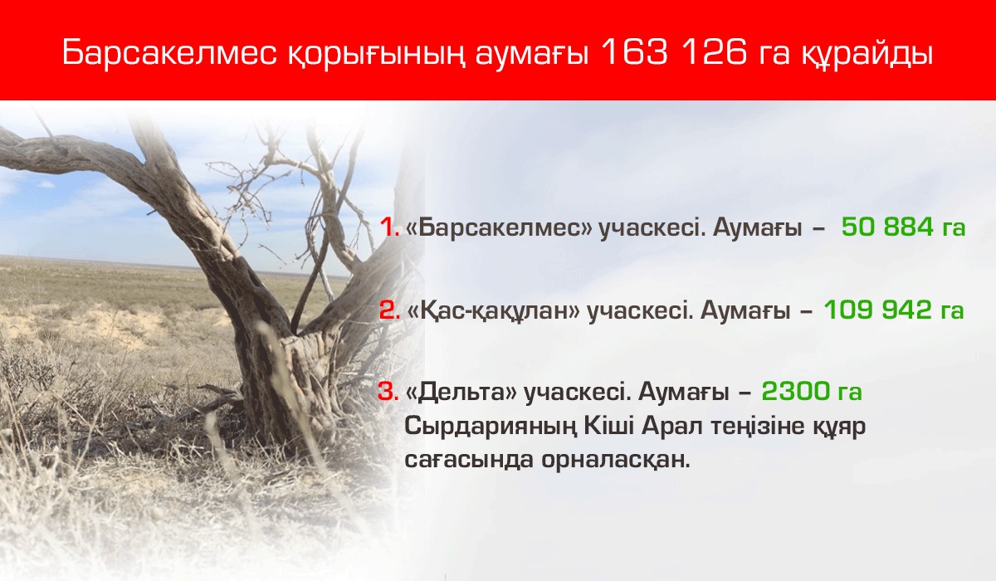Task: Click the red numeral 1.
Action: tap(389, 228)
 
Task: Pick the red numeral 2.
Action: tap(389, 311)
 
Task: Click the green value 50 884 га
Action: tap(903, 228)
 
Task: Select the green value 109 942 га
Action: tap(893, 311)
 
